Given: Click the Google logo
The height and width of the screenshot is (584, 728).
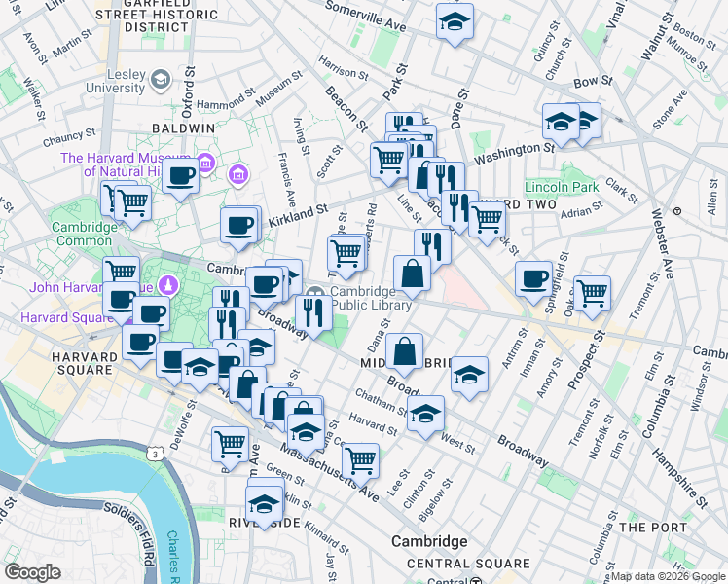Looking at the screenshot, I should (33, 572).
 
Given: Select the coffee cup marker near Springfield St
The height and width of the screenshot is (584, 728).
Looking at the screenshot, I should (533, 278).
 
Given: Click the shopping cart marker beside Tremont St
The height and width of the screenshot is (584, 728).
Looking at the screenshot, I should (592, 292).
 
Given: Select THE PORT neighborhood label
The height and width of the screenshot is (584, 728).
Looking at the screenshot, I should (654, 528).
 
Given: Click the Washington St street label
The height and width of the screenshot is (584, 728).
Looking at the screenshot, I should (513, 151).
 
